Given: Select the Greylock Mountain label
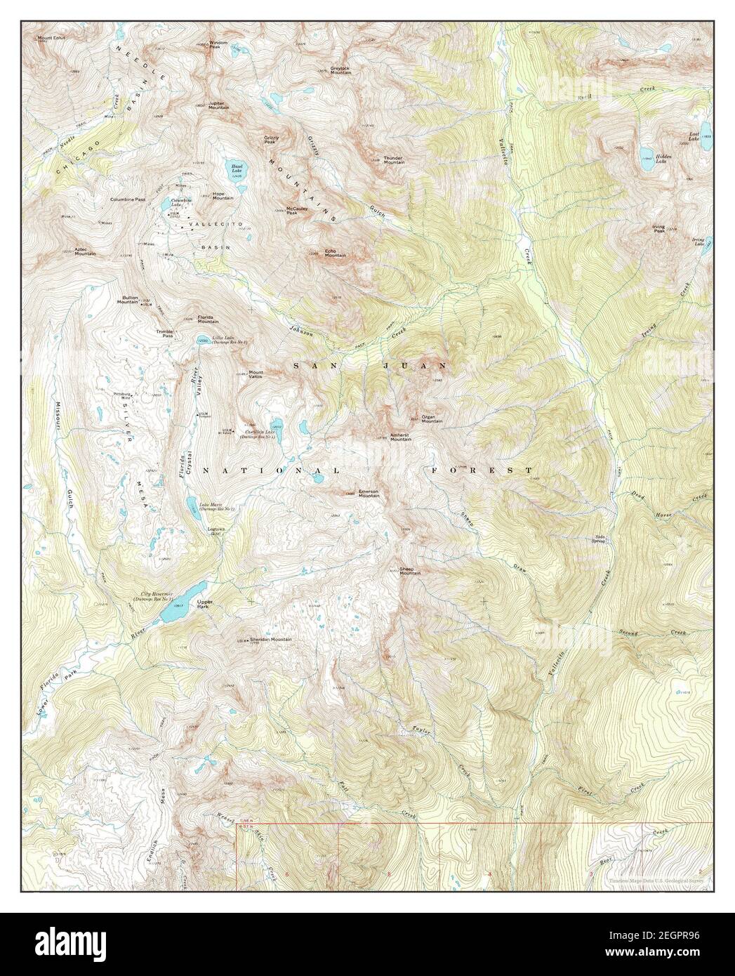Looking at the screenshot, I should click(x=341, y=70).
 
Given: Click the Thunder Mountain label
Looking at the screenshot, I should click(x=393, y=160).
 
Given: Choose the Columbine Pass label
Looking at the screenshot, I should click(x=128, y=199).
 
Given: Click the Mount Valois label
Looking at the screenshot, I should click(x=255, y=374).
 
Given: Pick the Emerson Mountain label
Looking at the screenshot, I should click(x=369, y=494).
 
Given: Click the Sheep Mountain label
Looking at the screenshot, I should click(x=410, y=571).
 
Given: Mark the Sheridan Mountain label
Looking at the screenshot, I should click(x=270, y=640).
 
